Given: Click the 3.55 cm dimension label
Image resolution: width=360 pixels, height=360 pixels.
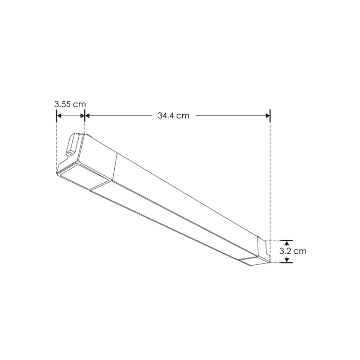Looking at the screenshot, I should coord(70,104).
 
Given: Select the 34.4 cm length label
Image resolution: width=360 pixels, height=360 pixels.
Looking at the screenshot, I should coord(173,116).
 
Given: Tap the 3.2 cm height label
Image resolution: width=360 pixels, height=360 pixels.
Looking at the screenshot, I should coord(293,251).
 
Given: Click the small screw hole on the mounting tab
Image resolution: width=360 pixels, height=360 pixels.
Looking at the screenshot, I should coord(70,153).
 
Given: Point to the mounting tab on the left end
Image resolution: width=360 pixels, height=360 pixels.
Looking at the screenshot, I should coord(73,144).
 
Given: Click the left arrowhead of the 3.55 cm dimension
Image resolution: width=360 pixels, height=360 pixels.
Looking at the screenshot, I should coord(59,116).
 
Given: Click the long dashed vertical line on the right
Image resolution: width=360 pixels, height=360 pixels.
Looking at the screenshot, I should coord(270,180).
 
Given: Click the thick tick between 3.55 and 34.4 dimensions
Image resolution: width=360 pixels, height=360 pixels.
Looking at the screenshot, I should coord(85,116).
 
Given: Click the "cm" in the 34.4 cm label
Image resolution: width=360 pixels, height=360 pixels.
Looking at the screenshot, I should coord(183,116).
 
